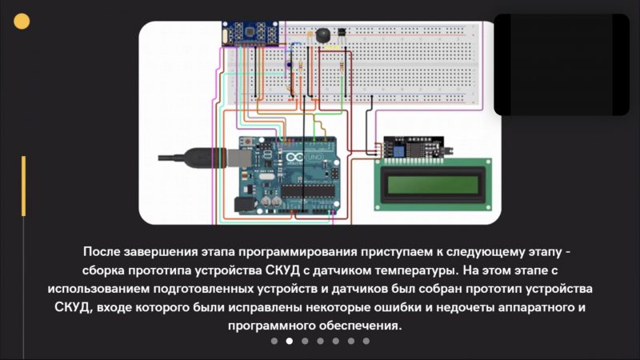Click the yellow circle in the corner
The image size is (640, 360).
coord(22,22)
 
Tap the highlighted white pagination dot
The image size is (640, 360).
coord(290,341)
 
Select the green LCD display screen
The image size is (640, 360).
coord(433,185)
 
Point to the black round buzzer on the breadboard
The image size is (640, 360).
coord(323,35)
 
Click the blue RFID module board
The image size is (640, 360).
coord(250,34)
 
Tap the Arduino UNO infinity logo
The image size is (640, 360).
coord(294,158)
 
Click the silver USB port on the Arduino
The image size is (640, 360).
coord(239,158)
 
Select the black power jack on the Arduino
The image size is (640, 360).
coord(245,205)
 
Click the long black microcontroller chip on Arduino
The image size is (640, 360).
coord(308,190)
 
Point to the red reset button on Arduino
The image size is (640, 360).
coord(248,142)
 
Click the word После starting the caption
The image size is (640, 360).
coord(102,251)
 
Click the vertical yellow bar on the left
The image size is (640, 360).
coord(24,186)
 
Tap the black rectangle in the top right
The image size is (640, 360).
coord(562,65)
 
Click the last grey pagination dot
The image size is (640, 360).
coord(366,341)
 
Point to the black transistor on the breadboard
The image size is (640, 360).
coord(342,32)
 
